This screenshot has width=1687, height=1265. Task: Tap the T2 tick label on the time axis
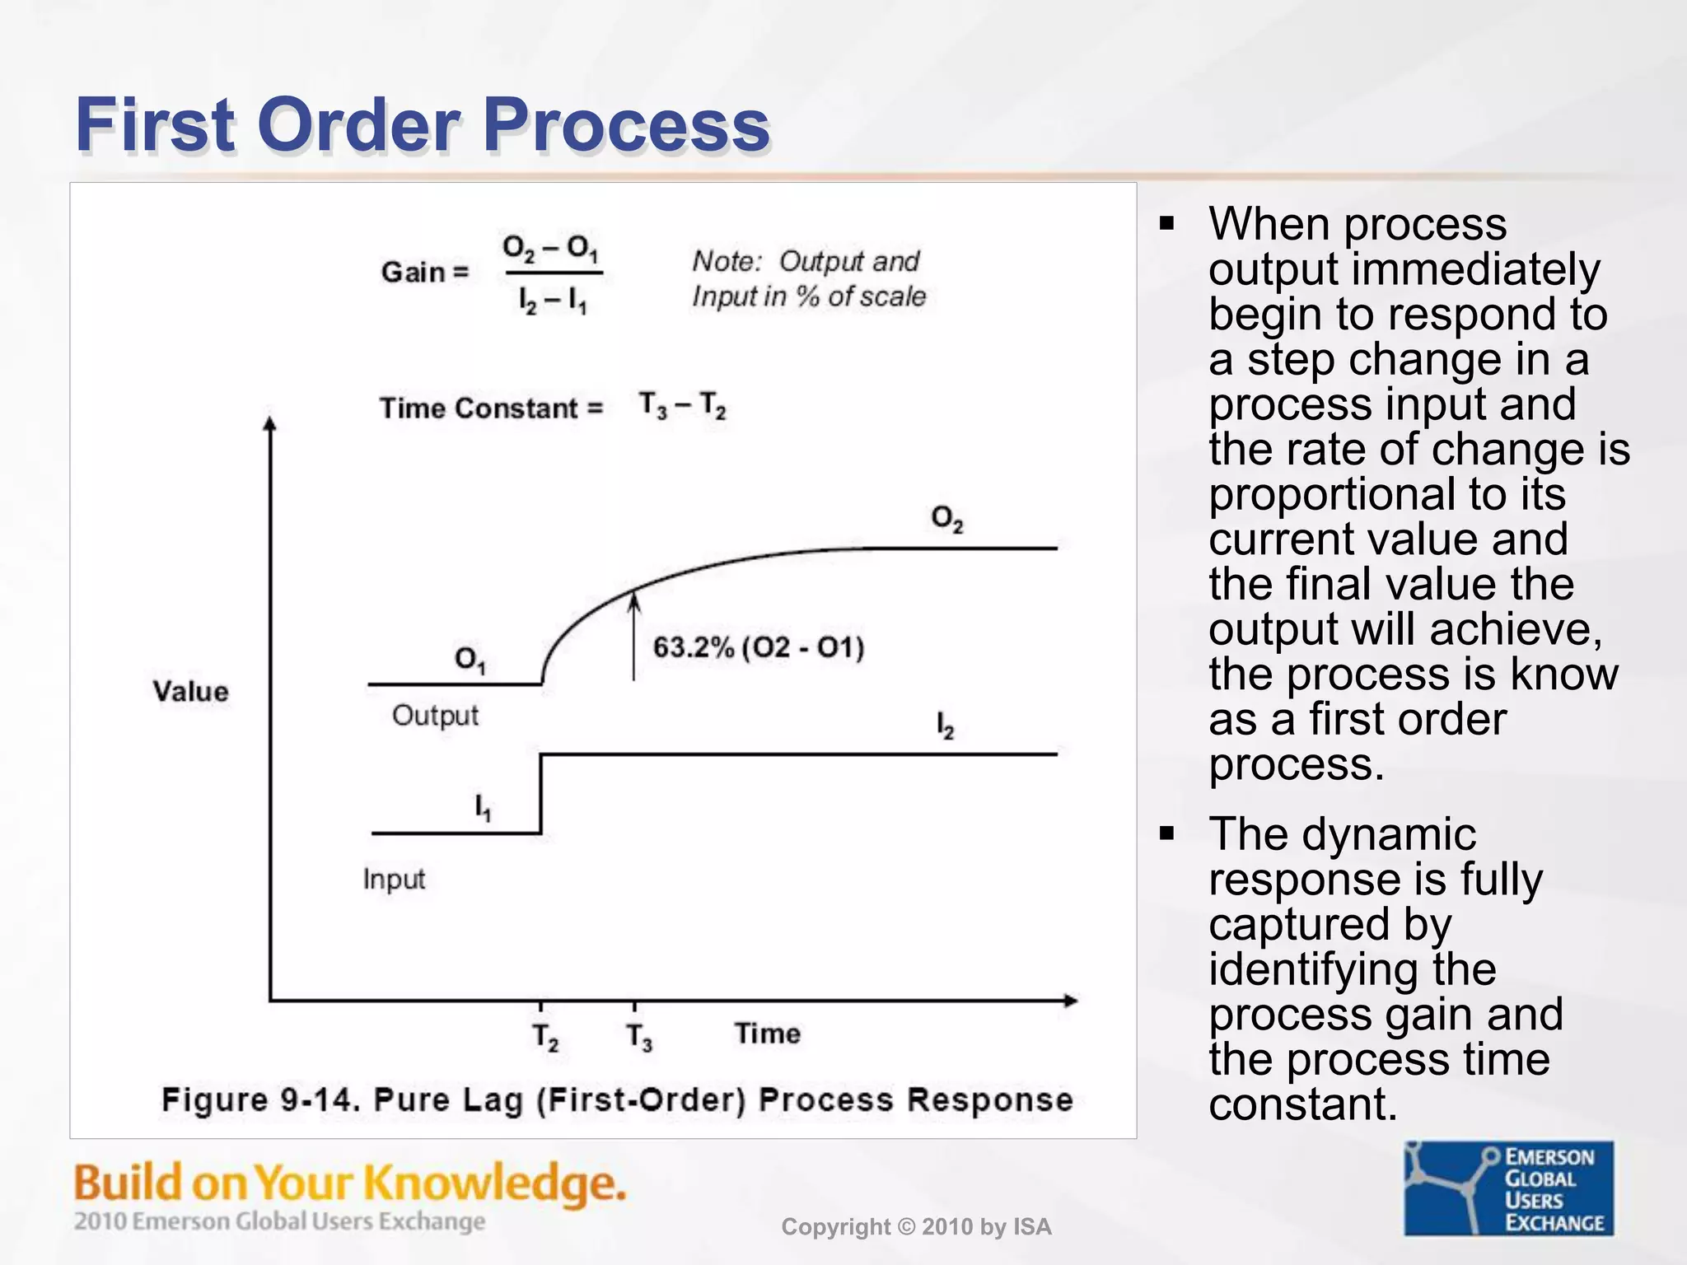(x=545, y=1036)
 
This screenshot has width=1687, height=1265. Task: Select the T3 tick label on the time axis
(x=639, y=1036)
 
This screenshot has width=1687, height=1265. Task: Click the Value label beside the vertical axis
(x=190, y=691)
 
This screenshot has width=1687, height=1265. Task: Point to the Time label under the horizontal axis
(x=767, y=1034)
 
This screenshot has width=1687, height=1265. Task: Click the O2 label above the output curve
(x=946, y=519)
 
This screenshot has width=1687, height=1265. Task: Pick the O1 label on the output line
(x=470, y=659)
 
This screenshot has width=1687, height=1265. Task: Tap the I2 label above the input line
(x=945, y=726)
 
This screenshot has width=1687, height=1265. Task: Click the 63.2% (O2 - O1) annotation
(x=758, y=647)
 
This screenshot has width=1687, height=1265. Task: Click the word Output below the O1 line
(x=435, y=715)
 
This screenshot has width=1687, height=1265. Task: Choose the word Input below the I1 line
(x=394, y=880)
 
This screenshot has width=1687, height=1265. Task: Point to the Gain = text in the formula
(x=424, y=272)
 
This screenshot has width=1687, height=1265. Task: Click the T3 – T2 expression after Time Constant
(x=682, y=405)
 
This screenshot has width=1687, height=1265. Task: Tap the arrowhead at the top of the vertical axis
(x=269, y=423)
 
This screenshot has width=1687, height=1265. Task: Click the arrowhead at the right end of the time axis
(x=1070, y=1001)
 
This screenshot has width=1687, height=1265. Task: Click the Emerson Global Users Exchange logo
(x=1508, y=1188)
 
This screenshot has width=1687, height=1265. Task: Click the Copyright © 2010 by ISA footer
(x=916, y=1227)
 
